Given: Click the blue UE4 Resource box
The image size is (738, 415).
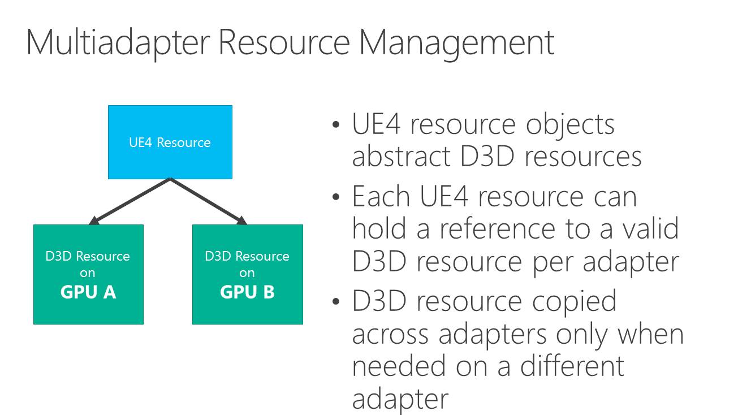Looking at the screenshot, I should [170, 142].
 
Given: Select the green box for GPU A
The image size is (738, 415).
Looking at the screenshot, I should [88, 274].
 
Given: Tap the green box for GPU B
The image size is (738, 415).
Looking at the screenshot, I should [247, 274].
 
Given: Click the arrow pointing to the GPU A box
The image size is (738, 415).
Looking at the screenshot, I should [130, 201].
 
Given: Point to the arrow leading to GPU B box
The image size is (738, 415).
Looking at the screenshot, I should [209, 201].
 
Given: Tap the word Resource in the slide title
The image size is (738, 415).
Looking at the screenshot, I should [285, 43].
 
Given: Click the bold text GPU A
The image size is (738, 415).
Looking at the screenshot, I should [88, 292].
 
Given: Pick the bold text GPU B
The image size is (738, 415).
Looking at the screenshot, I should [247, 292].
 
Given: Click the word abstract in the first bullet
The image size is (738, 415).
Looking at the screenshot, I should [402, 157].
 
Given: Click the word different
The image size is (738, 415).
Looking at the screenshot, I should [572, 366].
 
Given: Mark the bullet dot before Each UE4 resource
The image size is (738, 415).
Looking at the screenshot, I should [337, 197].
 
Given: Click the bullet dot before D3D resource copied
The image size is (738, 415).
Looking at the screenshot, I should [337, 301].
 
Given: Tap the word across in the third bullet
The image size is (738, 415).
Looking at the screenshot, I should [391, 334].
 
